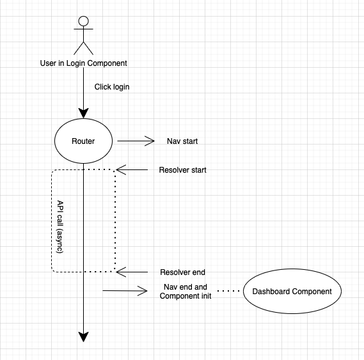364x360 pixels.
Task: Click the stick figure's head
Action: pyautogui.click(x=83, y=20)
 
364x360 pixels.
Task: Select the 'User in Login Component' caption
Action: pyautogui.click(x=83, y=63)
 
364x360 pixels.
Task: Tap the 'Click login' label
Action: pyautogui.click(x=112, y=87)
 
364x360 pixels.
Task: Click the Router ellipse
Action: pyautogui.click(x=83, y=141)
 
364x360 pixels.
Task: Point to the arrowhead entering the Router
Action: pyautogui.click(x=83, y=114)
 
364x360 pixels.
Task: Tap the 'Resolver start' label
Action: pyautogui.click(x=182, y=171)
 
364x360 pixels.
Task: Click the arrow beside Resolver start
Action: pyautogui.click(x=132, y=170)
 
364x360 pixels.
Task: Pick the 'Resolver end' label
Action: pyautogui.click(x=182, y=272)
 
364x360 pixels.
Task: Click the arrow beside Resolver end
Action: pyautogui.click(x=132, y=272)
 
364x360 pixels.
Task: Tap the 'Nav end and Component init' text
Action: pyautogui.click(x=182, y=292)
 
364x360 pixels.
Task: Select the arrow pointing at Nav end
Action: pyautogui.click(x=125, y=292)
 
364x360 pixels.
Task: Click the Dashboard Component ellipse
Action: pyautogui.click(x=292, y=292)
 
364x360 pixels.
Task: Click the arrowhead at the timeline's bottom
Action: pyautogui.click(x=83, y=336)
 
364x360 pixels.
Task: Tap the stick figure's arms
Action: pyautogui.click(x=83, y=32)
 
